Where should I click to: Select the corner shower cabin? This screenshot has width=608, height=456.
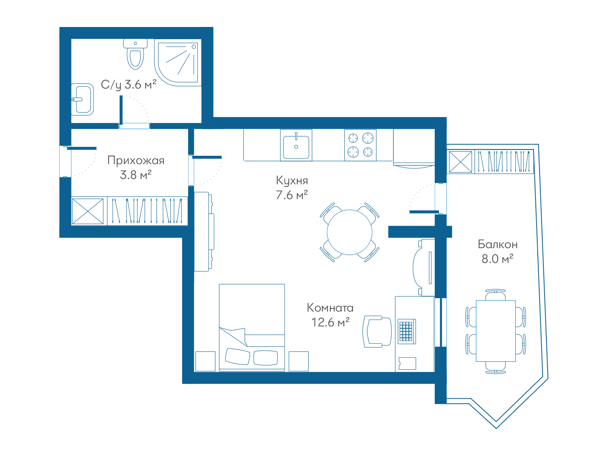[177, 63]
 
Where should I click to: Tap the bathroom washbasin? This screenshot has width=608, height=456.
[82, 100]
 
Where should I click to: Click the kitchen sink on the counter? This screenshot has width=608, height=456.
[296, 145]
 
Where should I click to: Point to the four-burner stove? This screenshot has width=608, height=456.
[360, 145]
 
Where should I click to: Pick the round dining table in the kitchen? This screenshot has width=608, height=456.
[350, 232]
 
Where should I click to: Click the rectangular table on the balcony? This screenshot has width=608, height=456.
[496, 331]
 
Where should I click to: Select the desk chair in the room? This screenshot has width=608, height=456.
[377, 331]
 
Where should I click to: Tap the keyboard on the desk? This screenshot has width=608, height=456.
[407, 331]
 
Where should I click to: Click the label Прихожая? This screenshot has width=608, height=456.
[136, 161]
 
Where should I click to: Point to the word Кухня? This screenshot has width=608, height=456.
[292, 181]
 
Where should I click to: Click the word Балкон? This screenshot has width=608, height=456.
[498, 244]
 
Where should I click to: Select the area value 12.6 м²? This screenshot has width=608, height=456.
[330, 322]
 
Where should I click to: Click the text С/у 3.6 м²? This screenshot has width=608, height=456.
[128, 84]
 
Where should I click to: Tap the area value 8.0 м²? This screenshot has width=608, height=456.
[497, 259]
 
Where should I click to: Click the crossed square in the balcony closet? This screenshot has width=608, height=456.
[460, 162]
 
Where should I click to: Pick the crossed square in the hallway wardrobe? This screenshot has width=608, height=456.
[88, 211]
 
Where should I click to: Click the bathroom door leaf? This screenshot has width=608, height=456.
[121, 110]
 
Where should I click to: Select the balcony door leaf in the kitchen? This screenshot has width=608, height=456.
[424, 212]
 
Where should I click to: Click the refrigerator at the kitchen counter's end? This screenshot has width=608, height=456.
[414, 149]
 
